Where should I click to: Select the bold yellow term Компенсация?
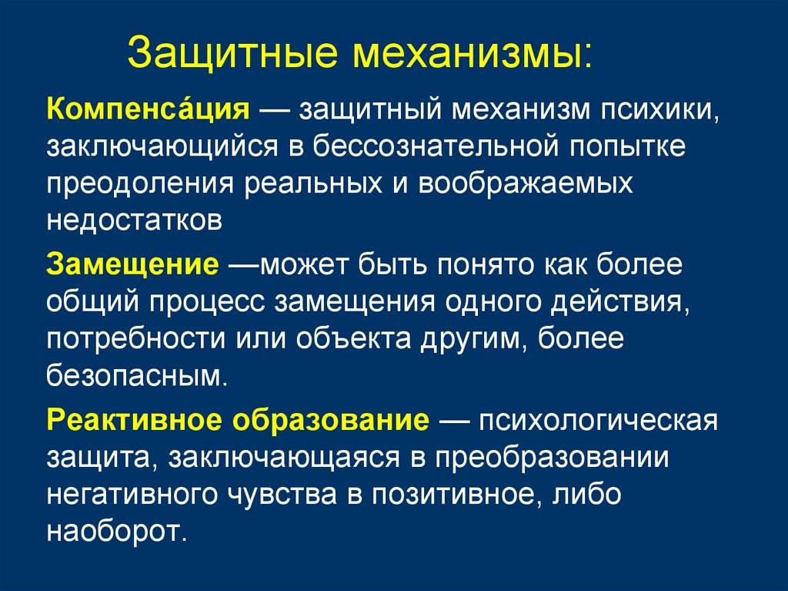point(146,108)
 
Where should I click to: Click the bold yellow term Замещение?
point(132,264)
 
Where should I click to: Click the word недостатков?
point(135,220)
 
